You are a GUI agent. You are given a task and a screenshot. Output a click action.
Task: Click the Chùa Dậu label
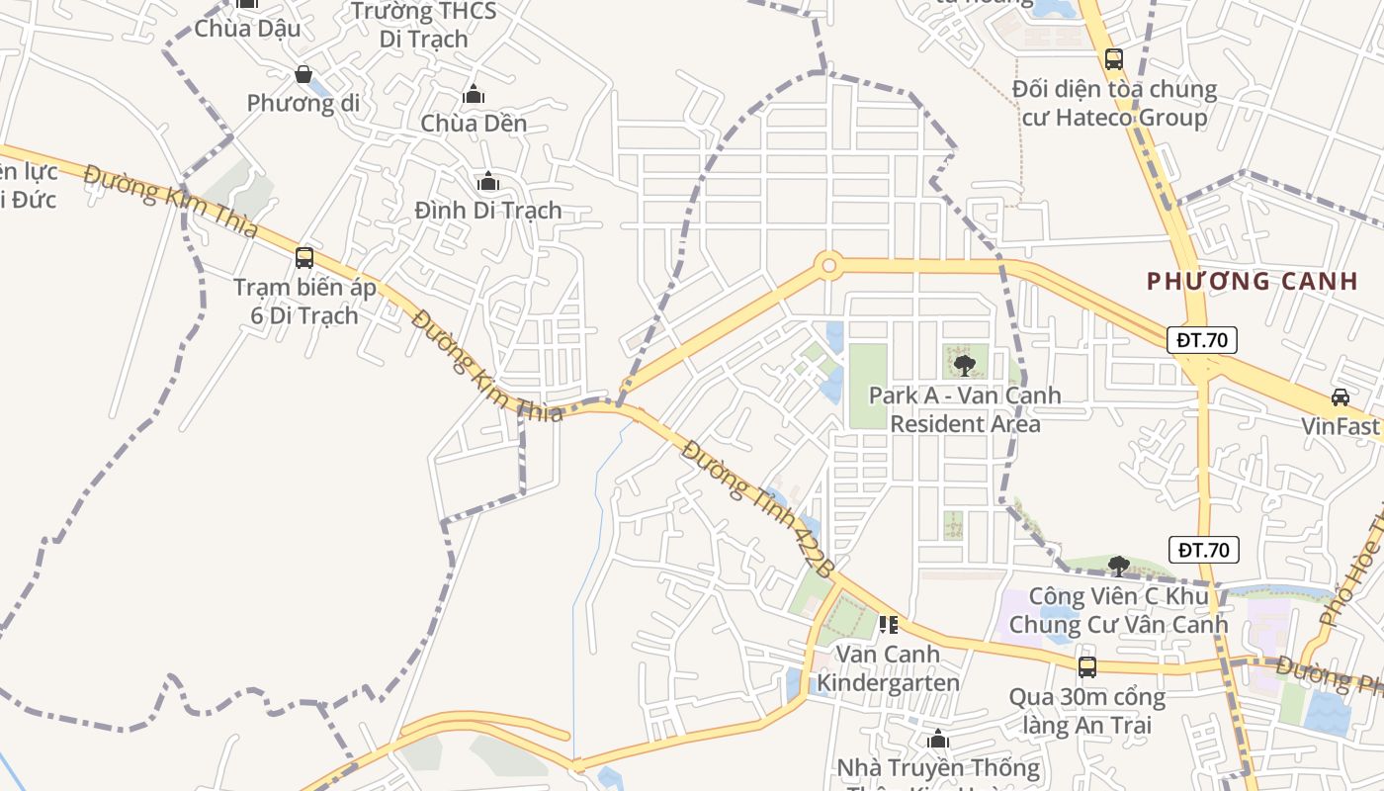(247, 29)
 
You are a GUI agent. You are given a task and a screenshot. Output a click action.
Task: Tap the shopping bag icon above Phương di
(303, 74)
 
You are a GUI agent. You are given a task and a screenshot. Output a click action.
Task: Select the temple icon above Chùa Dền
(474, 95)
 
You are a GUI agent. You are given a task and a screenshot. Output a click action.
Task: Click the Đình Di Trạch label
(488, 210)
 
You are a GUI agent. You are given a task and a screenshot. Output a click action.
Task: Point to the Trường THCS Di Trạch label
(424, 26)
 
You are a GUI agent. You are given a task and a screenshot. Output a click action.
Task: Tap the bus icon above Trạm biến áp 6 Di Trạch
(304, 258)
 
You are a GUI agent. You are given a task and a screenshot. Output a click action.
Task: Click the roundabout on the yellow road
(828, 265)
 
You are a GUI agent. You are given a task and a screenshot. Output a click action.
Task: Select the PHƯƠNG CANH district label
(1253, 281)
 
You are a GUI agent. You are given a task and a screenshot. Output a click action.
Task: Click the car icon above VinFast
(1341, 397)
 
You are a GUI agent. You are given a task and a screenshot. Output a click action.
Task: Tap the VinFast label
(1340, 427)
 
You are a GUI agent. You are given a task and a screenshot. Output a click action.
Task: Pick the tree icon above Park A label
(965, 366)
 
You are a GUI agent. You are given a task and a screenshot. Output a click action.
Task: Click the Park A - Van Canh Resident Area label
(965, 409)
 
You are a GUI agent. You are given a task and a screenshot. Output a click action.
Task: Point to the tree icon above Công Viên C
(1119, 566)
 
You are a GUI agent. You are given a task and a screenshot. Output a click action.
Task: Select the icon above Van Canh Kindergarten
(888, 625)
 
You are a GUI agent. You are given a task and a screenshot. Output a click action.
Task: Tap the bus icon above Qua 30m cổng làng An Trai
(1087, 667)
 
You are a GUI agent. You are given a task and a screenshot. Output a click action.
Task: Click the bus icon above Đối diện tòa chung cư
(1114, 59)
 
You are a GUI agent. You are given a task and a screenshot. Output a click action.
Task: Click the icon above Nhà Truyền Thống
(938, 740)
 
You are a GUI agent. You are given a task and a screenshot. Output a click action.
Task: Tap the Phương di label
(303, 103)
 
